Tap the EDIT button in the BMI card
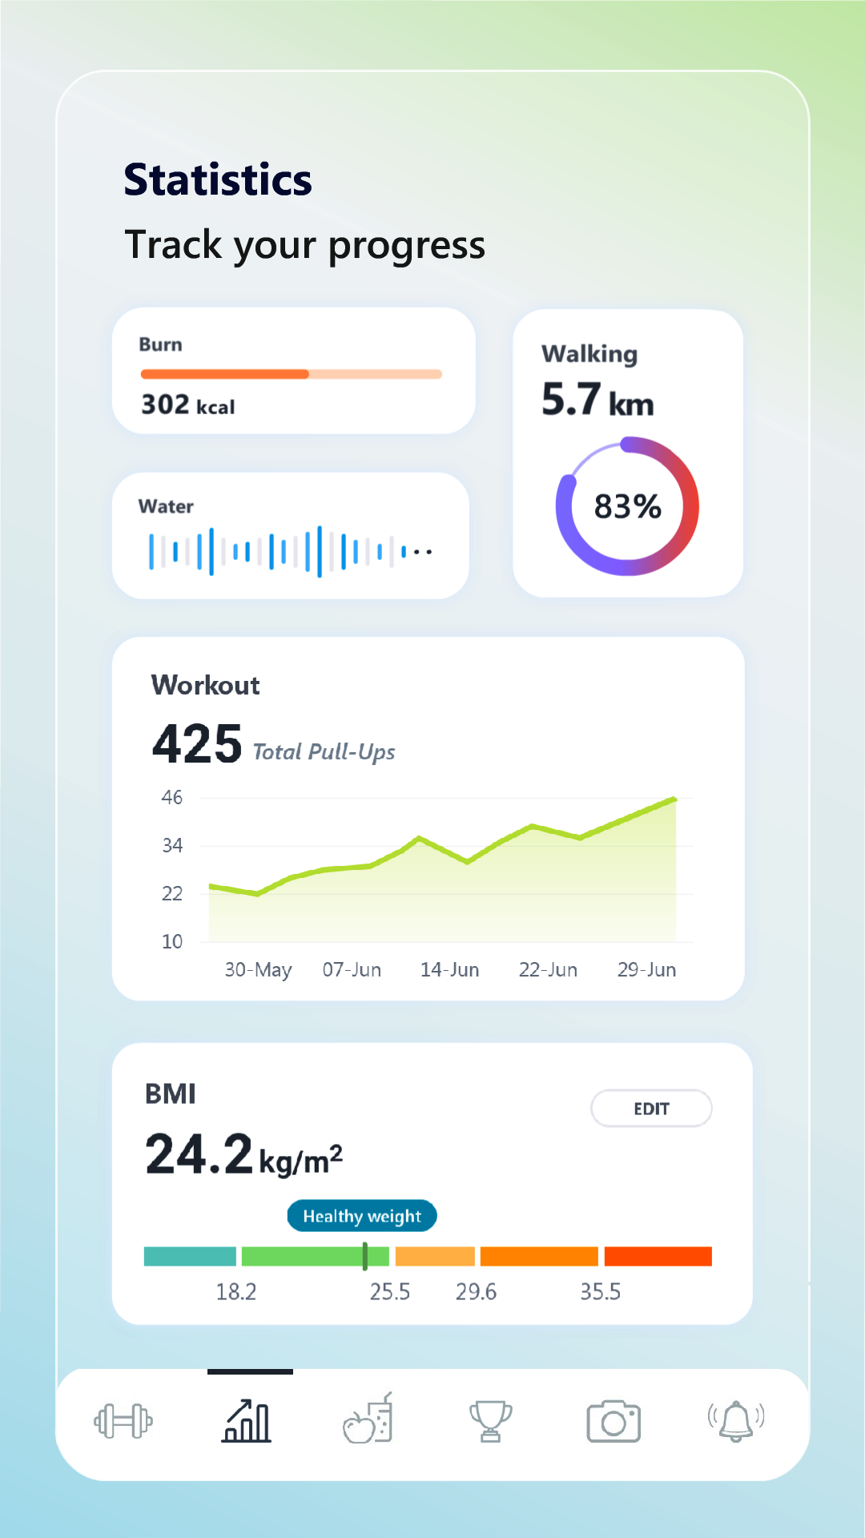(x=651, y=1109)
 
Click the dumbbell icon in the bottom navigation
(x=123, y=1422)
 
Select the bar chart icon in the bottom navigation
(x=247, y=1422)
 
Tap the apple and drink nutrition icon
(x=368, y=1419)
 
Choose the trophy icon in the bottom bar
(x=490, y=1421)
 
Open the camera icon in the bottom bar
(x=614, y=1422)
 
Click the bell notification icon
(x=736, y=1421)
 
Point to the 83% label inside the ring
(x=627, y=506)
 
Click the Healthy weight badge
(x=362, y=1216)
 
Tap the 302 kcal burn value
(x=188, y=405)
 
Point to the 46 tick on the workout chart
(x=172, y=798)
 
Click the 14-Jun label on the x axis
(x=449, y=970)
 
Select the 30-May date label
(x=258, y=970)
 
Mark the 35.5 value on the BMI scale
(x=600, y=1291)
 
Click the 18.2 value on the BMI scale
(x=236, y=1291)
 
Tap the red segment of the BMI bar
(x=658, y=1256)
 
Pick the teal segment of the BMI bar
(x=190, y=1256)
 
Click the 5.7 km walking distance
(x=597, y=400)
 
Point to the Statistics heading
(x=218, y=179)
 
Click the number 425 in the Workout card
(x=197, y=744)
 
